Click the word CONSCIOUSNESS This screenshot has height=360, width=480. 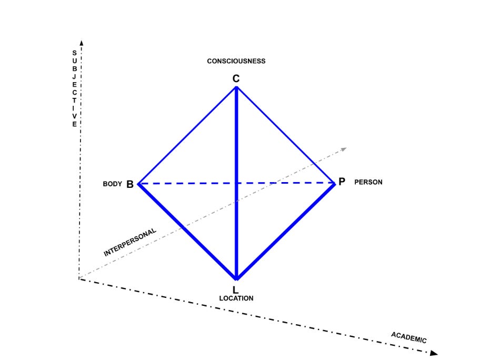click(x=236, y=61)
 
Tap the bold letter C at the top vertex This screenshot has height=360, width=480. click(x=236, y=78)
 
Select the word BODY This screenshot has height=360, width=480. click(x=112, y=184)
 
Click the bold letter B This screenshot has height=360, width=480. click(x=130, y=184)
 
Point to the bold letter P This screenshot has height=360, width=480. click(x=342, y=182)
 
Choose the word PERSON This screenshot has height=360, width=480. click(x=368, y=182)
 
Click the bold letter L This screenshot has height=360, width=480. click(x=235, y=290)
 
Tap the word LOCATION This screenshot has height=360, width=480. click(x=236, y=298)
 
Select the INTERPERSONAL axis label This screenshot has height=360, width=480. click(x=130, y=242)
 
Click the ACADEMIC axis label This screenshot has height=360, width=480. click(x=408, y=338)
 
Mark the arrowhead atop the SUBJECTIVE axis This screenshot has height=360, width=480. click(x=82, y=43)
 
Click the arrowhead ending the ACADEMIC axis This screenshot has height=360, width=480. click(x=434, y=353)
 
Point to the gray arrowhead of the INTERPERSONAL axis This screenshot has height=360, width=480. click(x=344, y=149)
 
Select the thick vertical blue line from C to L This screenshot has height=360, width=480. click(x=236, y=183)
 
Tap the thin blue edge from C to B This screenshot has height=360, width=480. click(x=187, y=136)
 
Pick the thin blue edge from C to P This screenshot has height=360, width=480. click(x=286, y=135)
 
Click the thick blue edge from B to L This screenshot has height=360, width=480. click(x=187, y=232)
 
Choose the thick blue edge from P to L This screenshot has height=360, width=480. click(x=286, y=231)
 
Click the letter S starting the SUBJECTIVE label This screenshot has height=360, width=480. click(x=74, y=53)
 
